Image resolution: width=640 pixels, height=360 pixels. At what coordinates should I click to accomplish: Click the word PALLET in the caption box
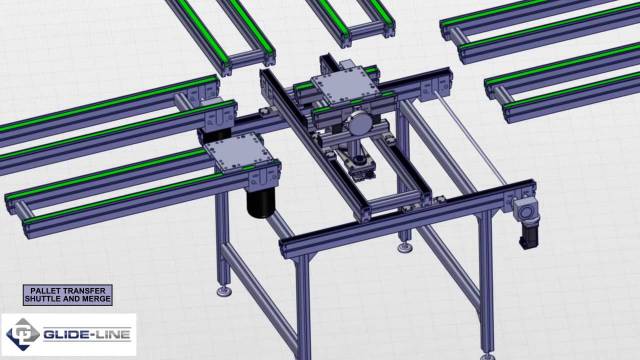tap(44, 291)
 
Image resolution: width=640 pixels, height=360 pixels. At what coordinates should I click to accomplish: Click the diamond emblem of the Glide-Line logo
tap(23, 334)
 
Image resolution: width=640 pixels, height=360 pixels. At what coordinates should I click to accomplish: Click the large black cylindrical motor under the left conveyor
tap(261, 201)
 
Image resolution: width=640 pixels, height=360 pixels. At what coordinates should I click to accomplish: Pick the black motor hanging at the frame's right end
tap(529, 236)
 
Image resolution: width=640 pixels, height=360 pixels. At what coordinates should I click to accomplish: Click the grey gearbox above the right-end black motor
tap(524, 211)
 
